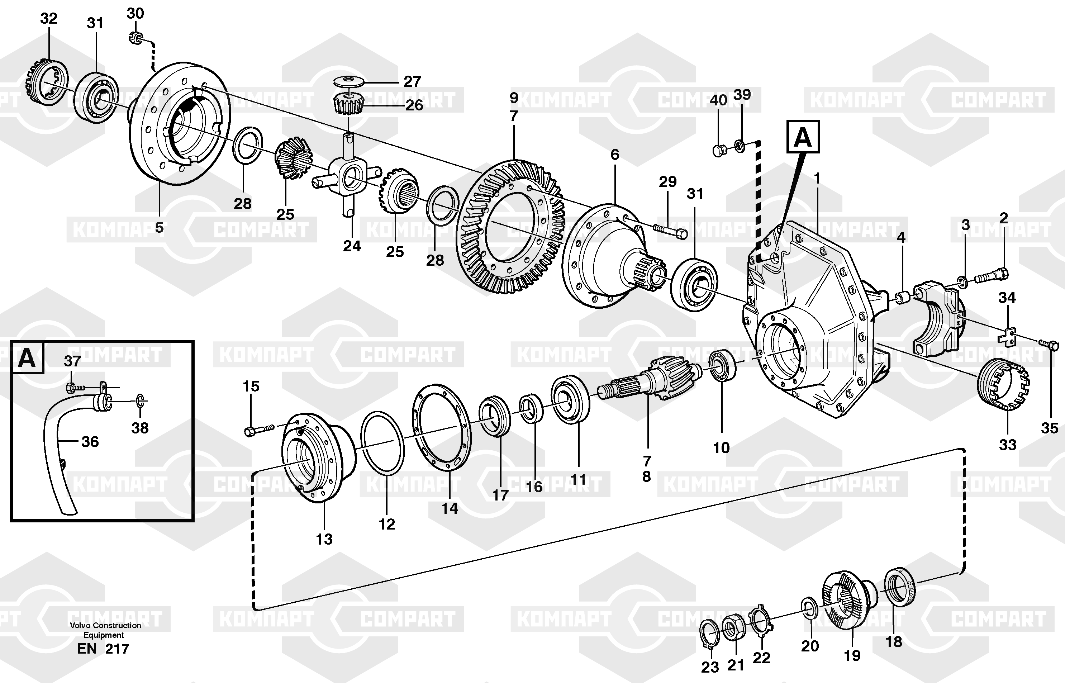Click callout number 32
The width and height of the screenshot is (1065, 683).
click(x=49, y=19)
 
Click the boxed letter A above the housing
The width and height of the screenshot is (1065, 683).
click(x=803, y=137)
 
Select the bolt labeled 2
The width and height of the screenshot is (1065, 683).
click(x=991, y=275)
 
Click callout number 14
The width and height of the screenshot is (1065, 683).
click(x=450, y=509)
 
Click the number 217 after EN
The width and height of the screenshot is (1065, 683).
click(x=117, y=649)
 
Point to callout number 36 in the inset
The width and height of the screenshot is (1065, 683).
click(x=90, y=442)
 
